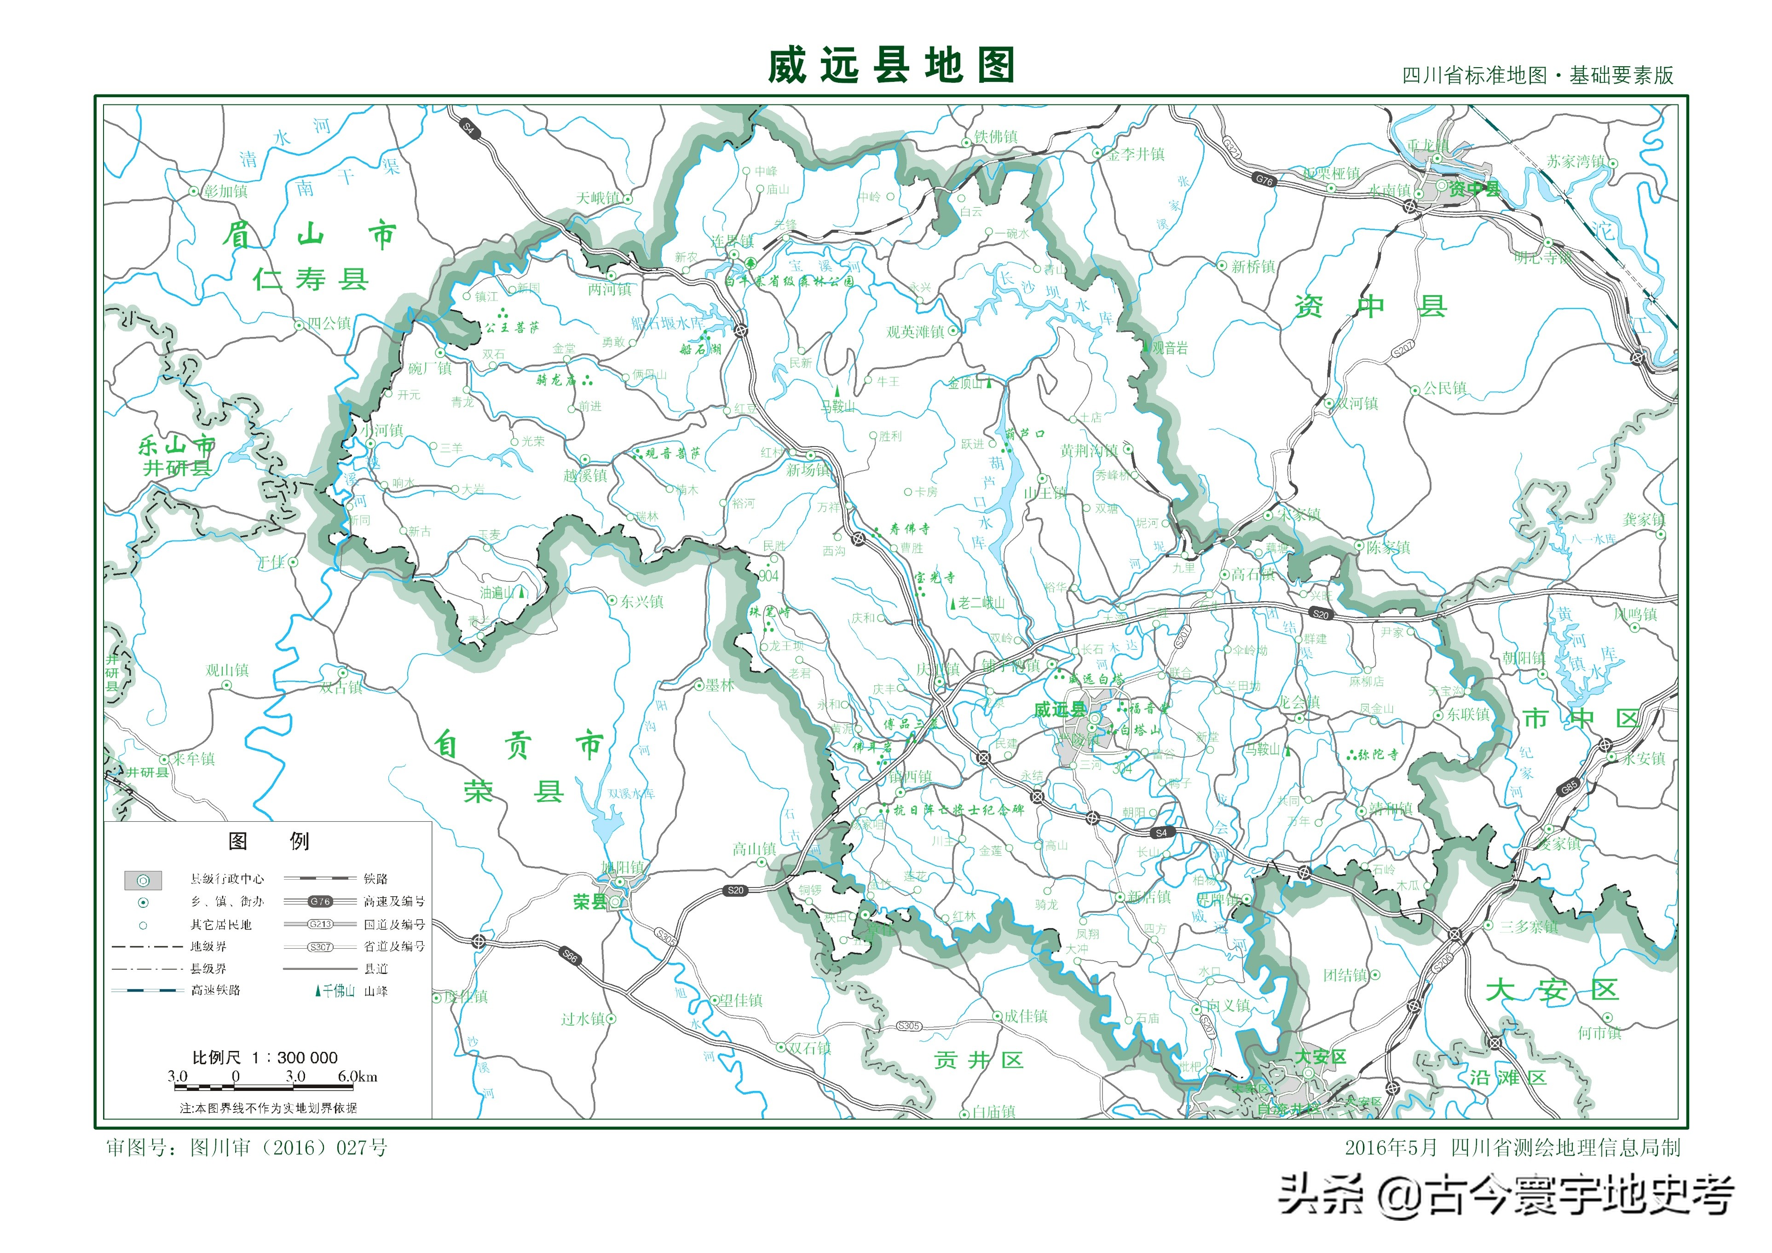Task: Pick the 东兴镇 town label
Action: (x=641, y=601)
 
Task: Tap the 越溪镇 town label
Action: (x=585, y=476)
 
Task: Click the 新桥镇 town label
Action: (x=1253, y=267)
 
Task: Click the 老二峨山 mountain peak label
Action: (x=981, y=603)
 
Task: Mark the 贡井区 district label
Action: (x=979, y=1060)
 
